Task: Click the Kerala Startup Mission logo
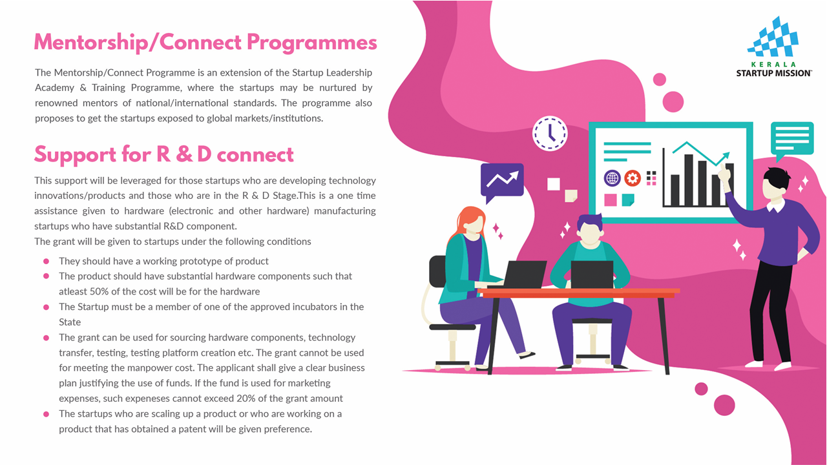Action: [774, 46]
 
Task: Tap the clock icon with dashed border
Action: [550, 133]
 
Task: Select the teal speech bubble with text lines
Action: [792, 141]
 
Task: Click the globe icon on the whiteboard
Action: [612, 178]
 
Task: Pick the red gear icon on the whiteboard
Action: [633, 178]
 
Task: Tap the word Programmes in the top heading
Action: [312, 43]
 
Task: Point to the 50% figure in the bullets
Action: [99, 291]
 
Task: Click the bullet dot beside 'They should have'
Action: [46, 262]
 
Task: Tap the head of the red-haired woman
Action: [472, 221]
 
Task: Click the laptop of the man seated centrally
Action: [592, 274]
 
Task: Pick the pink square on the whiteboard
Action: [611, 200]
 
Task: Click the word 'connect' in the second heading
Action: [255, 154]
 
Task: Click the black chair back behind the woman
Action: [438, 271]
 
